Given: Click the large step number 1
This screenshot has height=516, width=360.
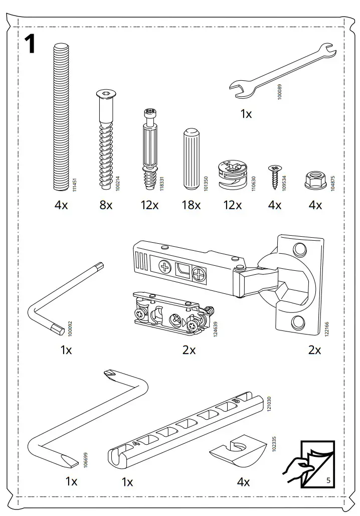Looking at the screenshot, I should pos(30,44).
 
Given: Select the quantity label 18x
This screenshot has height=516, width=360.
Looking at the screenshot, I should pos(191,205).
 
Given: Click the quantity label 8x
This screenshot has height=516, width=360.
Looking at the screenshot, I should pos(106,205).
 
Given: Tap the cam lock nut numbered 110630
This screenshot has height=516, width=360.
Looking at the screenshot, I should pos(232,176).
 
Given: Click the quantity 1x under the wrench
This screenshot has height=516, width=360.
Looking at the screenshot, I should pos(246,114).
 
